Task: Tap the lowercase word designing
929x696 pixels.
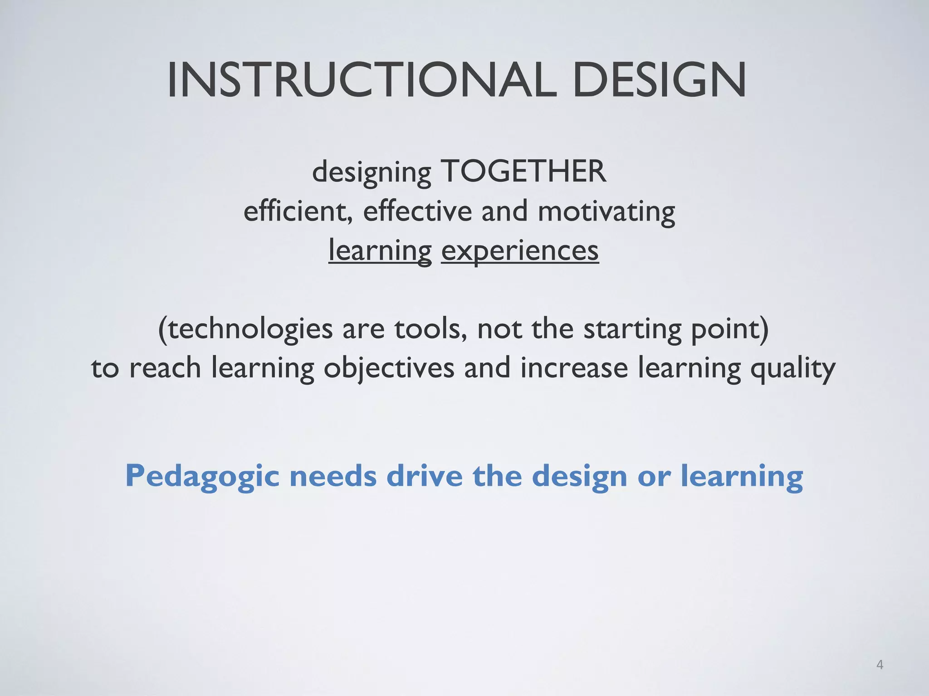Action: tap(372, 173)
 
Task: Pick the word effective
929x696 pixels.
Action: tap(417, 211)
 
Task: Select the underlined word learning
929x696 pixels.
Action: tap(380, 251)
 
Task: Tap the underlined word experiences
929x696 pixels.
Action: tap(520, 251)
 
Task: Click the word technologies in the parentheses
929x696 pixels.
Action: tap(249, 329)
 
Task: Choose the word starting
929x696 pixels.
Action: tap(632, 329)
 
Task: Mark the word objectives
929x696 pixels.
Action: tap(389, 368)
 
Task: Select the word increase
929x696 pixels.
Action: tap(574, 367)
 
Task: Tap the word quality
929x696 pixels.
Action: tap(792, 368)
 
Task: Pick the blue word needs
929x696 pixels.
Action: tap(333, 476)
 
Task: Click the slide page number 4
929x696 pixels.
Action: tap(880, 665)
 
